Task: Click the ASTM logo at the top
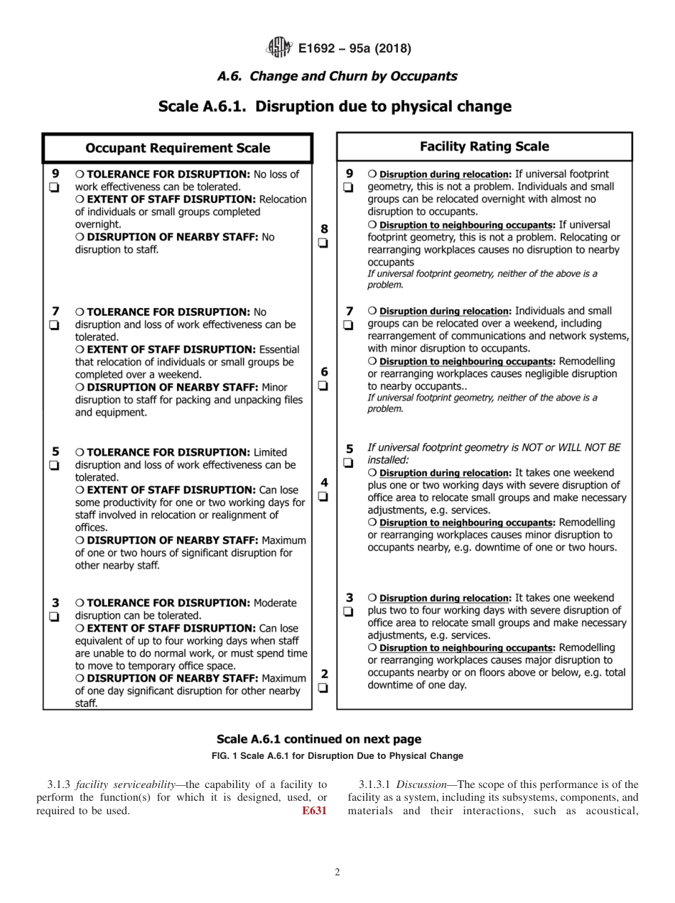pyautogui.click(x=279, y=48)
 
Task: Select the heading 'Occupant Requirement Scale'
pyautogui.click(x=178, y=148)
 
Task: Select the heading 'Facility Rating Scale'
pyautogui.click(x=485, y=147)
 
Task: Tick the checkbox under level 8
pyautogui.click(x=324, y=243)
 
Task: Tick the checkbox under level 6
pyautogui.click(x=324, y=386)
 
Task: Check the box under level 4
pyautogui.click(x=324, y=497)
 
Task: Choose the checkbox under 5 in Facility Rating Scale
pyautogui.click(x=348, y=463)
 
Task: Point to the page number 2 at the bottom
pyautogui.click(x=337, y=872)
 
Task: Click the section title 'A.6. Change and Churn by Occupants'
pyautogui.click(x=337, y=76)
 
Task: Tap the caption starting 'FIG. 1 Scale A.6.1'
pyautogui.click(x=337, y=755)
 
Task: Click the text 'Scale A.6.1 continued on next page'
pyautogui.click(x=319, y=739)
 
